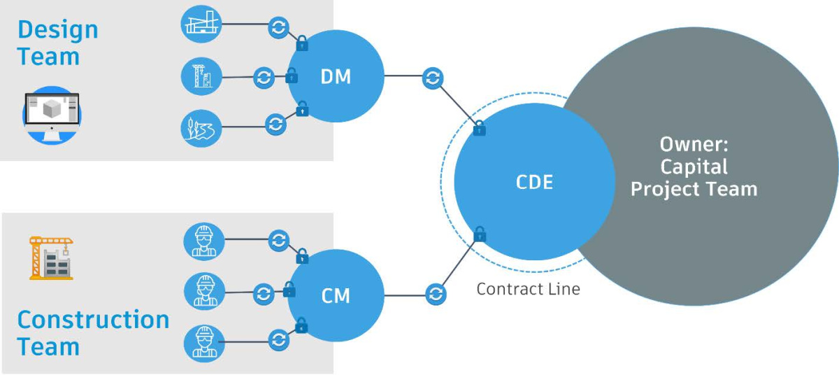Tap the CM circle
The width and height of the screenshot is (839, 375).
coord(336,295)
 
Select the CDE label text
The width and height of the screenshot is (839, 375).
coord(534,183)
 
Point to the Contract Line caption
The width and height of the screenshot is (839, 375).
coord(528,288)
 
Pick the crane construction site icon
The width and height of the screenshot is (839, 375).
coord(51,258)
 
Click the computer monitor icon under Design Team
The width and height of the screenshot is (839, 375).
coord(52,115)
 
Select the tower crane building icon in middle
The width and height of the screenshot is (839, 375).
coord(201,76)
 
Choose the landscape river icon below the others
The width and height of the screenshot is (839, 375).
coord(201,128)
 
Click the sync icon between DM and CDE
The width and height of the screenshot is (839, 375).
coord(433,78)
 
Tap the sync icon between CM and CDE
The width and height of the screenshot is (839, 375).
coord(435,292)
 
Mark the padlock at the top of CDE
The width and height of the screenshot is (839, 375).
coord(479,129)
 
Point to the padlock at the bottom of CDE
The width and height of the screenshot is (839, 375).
coord(480,235)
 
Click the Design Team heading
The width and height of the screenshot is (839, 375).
coord(57,43)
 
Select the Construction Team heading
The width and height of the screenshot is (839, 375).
coord(92,333)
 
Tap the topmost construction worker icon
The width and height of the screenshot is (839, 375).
coord(203,241)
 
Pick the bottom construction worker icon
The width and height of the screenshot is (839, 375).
coord(203,342)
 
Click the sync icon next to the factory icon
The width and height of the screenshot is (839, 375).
coord(278,28)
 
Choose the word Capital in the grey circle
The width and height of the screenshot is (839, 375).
coord(694,167)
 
